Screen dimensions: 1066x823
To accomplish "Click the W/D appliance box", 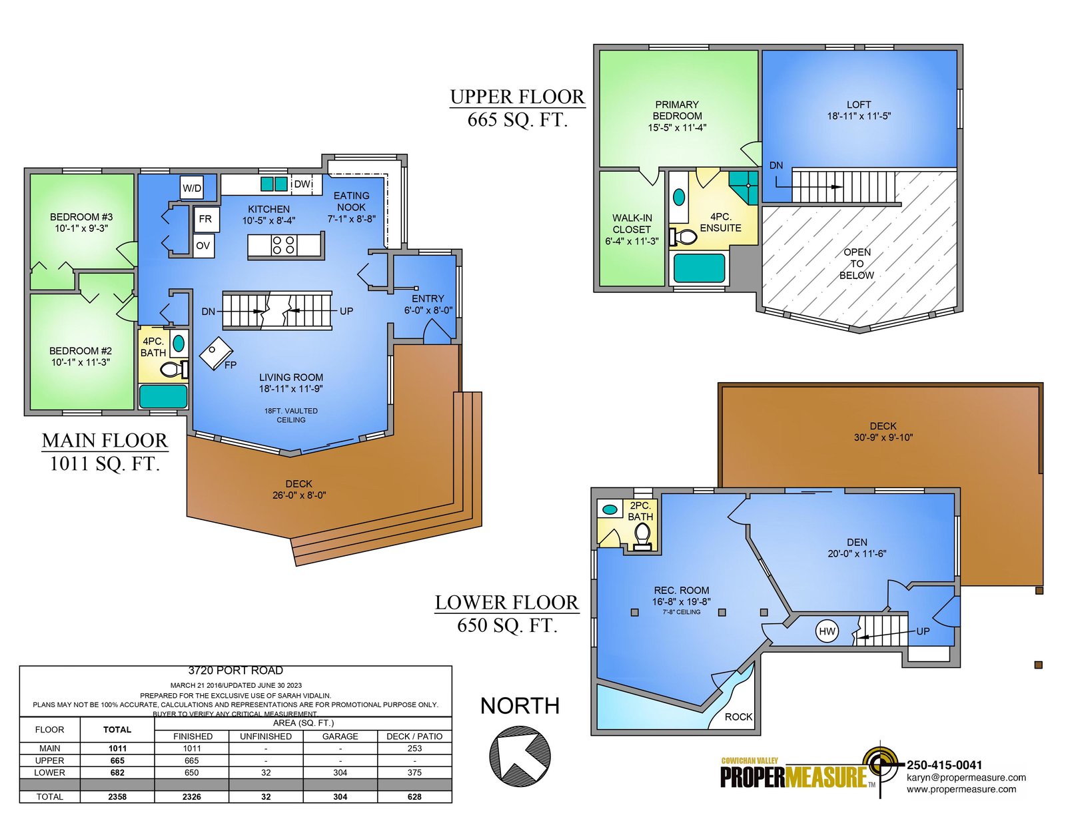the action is point(191,187).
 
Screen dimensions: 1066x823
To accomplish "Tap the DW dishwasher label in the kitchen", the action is point(302,184).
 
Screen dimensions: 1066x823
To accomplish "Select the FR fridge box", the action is point(206,219).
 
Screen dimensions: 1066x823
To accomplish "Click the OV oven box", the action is point(203,246).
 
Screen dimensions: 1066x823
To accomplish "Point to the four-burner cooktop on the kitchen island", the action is point(284,245).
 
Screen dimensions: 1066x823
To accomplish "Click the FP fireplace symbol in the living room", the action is point(216,354).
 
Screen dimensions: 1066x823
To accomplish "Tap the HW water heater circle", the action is point(827,631).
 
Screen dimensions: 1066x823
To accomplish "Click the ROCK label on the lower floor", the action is point(738,716).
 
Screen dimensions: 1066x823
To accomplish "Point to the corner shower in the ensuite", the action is point(744,188).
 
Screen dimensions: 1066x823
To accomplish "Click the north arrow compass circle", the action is point(520,756).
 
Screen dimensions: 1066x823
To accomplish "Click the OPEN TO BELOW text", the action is point(857,264).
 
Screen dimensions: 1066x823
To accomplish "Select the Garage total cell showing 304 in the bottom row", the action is point(340,797).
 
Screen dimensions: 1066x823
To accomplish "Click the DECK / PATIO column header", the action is point(414,736).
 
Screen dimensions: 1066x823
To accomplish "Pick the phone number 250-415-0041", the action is point(944,765).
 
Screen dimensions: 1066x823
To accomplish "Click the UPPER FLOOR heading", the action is point(518,97).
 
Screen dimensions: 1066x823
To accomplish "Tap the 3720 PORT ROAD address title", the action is point(235,671).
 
